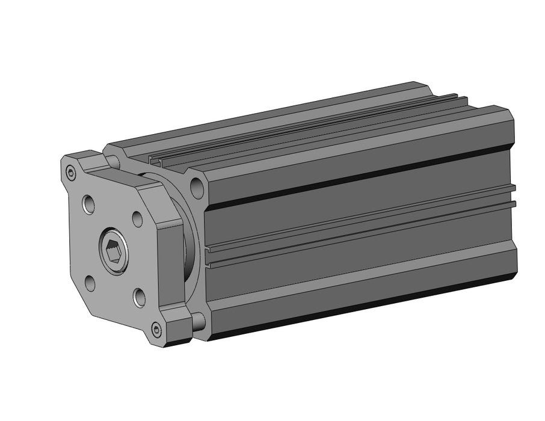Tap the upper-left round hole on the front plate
[x=89, y=204]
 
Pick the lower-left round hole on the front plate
[x=90, y=283]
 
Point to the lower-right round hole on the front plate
[x=139, y=297]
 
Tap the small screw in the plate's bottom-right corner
[x=157, y=329]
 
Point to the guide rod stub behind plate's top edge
[x=112, y=160]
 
